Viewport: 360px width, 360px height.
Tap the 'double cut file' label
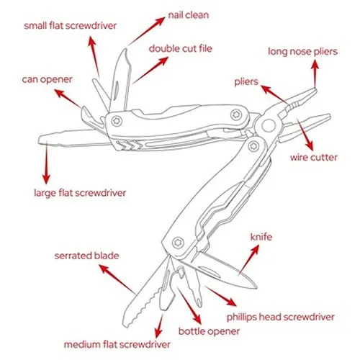[x=181, y=49]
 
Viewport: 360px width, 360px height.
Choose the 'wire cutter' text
[x=313, y=156]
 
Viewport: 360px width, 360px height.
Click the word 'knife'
[x=261, y=236]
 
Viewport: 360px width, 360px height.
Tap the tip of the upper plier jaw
[x=317, y=91]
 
